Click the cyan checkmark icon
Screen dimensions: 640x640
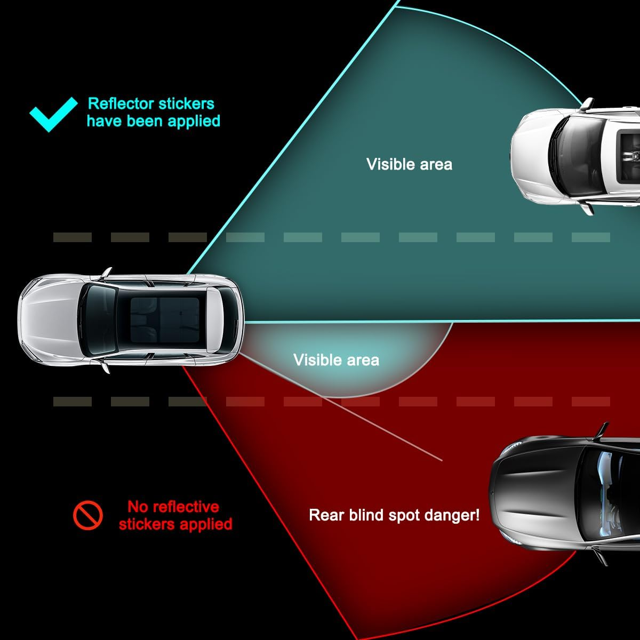[x=53, y=114]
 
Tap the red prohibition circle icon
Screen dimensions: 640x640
[x=87, y=515]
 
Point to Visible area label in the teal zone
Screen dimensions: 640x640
[x=409, y=164]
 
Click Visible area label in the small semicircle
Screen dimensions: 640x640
[x=336, y=359]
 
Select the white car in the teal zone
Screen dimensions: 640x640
[x=575, y=156]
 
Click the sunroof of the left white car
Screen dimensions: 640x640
[x=165, y=320]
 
